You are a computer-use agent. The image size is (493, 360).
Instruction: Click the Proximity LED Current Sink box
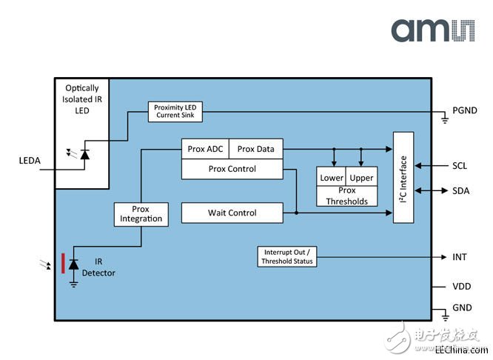point(175,111)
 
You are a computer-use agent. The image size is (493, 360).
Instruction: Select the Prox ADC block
point(205,149)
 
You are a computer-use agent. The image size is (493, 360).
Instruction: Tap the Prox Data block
point(256,149)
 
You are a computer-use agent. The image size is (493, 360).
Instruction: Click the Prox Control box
point(232,169)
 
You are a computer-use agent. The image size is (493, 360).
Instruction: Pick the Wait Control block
point(232,213)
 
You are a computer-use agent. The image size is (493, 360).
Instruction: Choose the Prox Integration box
point(141,214)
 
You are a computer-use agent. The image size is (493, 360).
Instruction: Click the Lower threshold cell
point(331,176)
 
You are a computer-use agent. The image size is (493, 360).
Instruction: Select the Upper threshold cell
point(361,176)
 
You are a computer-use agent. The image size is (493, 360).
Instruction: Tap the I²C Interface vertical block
point(403,178)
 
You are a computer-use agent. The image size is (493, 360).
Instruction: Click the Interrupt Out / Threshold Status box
point(287,257)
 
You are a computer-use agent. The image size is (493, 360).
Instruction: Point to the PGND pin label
point(465,110)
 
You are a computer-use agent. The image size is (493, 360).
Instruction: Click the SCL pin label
point(460,166)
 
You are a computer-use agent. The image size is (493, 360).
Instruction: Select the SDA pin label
point(461,190)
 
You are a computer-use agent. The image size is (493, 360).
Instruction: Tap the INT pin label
point(460,257)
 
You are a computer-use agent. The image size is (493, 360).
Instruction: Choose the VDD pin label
point(462,287)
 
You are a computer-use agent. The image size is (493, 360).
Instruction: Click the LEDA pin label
point(30,161)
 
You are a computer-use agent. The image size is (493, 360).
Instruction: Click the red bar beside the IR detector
point(63,264)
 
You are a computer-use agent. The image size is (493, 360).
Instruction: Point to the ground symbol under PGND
point(445,119)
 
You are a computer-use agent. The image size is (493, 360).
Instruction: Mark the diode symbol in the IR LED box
point(84,155)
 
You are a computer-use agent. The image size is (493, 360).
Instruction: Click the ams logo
point(433,30)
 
